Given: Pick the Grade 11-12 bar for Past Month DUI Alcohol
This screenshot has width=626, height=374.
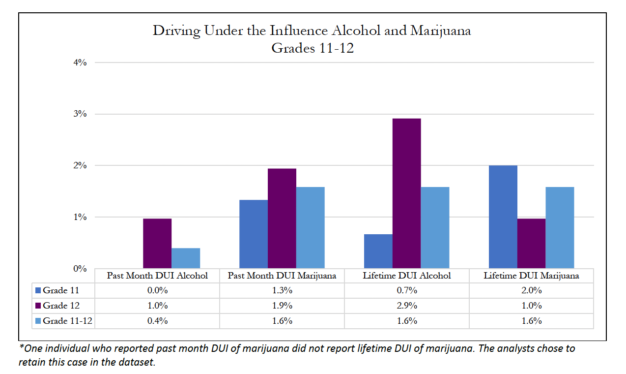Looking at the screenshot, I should pyautogui.click(x=186, y=258).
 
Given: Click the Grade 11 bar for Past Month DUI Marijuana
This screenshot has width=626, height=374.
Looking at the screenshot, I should pyautogui.click(x=253, y=234).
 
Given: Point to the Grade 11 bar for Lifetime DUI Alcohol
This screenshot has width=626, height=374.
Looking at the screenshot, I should pyautogui.click(x=378, y=251).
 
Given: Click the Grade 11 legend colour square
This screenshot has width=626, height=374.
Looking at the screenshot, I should pyautogui.click(x=38, y=290).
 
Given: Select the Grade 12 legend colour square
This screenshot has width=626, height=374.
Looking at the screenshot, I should pyautogui.click(x=38, y=306).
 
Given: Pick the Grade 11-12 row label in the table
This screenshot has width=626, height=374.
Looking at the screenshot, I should pyautogui.click(x=68, y=321).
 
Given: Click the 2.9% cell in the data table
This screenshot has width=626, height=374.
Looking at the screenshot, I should pyautogui.click(x=406, y=306).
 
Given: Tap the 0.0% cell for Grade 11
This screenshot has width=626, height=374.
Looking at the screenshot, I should pyautogui.click(x=157, y=290).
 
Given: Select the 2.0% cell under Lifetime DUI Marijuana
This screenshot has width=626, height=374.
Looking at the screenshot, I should pyautogui.click(x=531, y=290).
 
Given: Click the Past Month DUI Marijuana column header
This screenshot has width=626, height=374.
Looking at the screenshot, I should pyautogui.click(x=282, y=276).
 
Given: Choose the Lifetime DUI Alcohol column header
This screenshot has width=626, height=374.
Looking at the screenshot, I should pyautogui.click(x=406, y=276).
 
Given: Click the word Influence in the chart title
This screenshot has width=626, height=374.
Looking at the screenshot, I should pyautogui.click(x=298, y=31).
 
